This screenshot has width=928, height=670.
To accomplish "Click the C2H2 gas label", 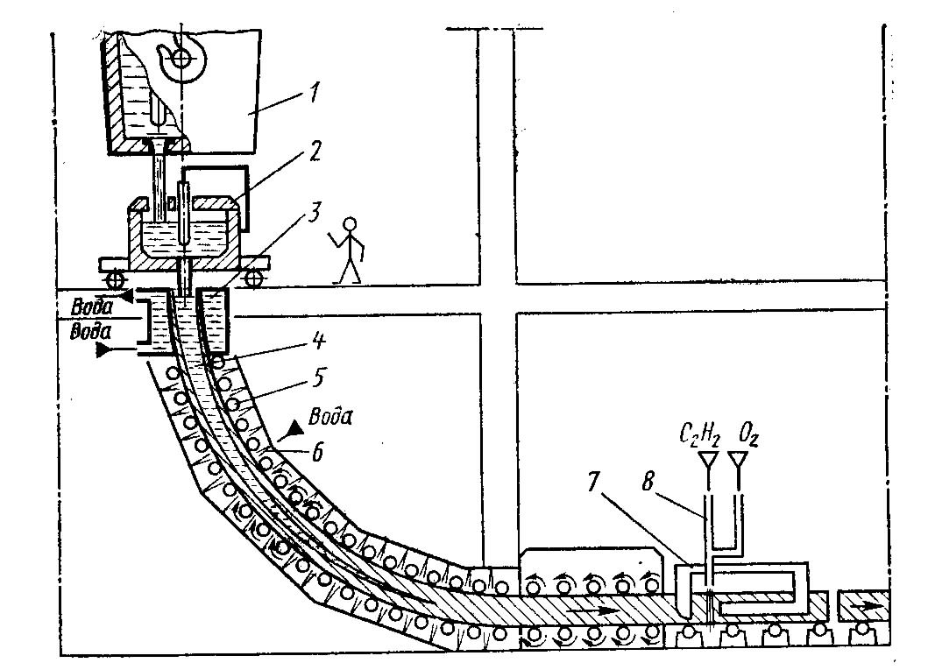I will tap(702, 433).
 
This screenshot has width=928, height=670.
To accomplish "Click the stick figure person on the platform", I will tap(350, 250).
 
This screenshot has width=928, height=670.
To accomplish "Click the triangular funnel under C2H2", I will tap(706, 458).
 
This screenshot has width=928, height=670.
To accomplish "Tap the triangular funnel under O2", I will tap(740, 458).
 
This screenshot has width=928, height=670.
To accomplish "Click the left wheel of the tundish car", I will tap(115, 278).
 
